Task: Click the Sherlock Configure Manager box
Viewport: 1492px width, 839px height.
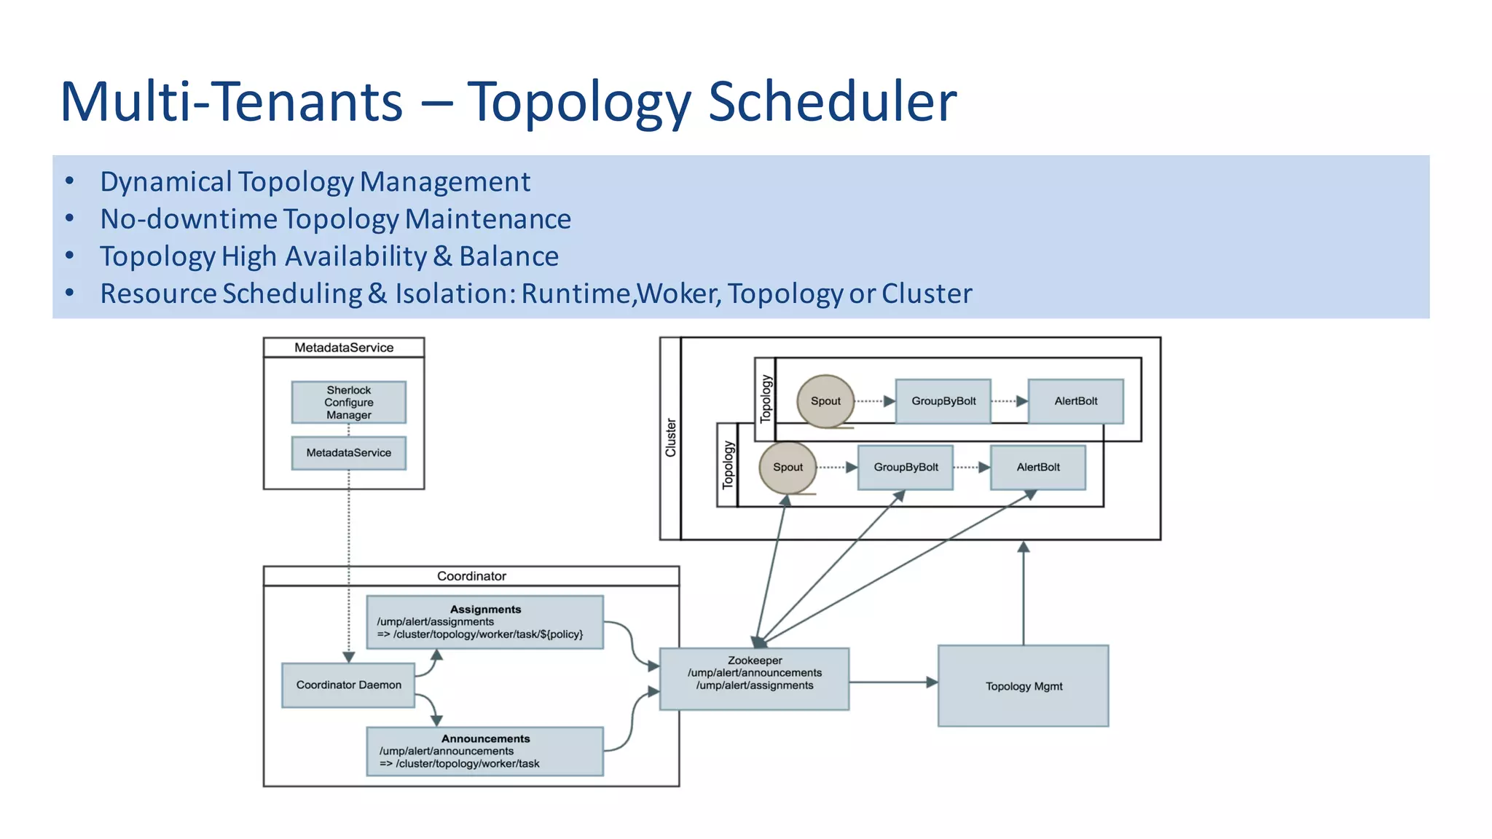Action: coord(348,402)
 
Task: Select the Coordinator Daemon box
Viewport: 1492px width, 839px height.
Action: coord(348,685)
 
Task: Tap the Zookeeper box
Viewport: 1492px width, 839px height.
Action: coord(754,678)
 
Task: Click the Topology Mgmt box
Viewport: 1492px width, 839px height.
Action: coord(1023,685)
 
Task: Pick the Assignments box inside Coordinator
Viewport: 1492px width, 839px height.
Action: coord(484,622)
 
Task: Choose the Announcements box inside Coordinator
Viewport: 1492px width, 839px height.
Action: coord(484,751)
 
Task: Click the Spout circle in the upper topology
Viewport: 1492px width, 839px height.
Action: coord(825,401)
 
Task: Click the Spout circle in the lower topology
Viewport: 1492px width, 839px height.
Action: coord(787,467)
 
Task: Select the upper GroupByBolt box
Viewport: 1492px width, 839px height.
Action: coord(943,401)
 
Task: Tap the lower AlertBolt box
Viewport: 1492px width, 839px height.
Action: coord(1037,467)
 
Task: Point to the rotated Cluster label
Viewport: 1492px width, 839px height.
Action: coord(670,438)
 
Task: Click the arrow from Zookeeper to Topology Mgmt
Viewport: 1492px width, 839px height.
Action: coord(892,682)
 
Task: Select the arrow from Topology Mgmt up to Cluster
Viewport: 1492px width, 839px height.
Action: coord(1023,594)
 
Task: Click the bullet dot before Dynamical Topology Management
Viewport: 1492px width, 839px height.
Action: coord(69,181)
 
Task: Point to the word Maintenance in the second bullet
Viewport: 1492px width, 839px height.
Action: coord(487,219)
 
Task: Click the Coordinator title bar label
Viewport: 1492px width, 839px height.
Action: coord(471,576)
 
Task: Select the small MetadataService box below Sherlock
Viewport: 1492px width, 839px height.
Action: coord(348,453)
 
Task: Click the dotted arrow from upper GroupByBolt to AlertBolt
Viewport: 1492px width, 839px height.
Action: coord(1009,401)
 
